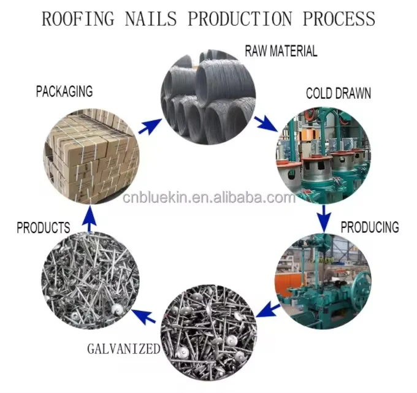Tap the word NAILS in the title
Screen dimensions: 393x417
[x=153, y=18]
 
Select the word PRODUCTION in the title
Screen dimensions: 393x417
[x=240, y=18]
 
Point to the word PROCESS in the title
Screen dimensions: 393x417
[x=338, y=18]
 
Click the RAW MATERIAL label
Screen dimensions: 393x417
[x=281, y=50]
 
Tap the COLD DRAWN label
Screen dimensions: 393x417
[x=339, y=94]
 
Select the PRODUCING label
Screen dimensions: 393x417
[x=369, y=227]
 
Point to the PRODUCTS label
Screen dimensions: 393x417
[x=43, y=228]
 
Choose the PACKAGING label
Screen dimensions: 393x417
[x=64, y=92]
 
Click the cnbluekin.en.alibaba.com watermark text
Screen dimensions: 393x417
[x=209, y=197]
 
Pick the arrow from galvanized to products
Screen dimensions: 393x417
[x=143, y=316]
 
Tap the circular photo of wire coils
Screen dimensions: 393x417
[x=205, y=98]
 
